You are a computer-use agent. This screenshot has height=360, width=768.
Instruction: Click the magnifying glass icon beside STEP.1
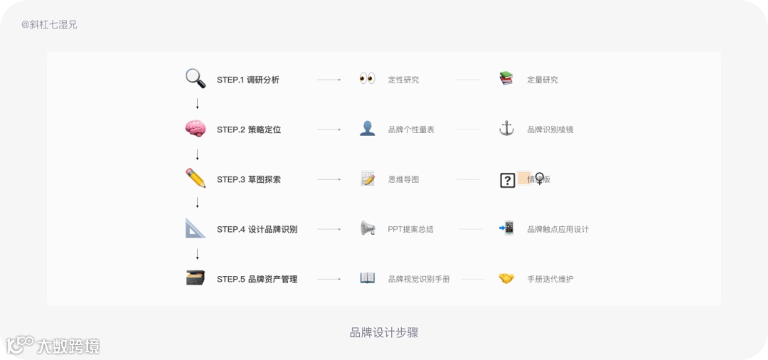tap(195, 78)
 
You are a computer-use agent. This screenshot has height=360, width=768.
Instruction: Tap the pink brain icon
tap(196, 129)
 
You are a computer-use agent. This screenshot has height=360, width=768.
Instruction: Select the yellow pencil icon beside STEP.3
tap(196, 179)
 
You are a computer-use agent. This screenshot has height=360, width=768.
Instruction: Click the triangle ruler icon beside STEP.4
tap(196, 228)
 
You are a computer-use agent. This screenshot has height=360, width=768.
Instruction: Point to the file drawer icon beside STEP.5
tap(196, 278)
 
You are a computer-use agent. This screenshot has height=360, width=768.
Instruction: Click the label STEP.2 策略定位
tap(249, 129)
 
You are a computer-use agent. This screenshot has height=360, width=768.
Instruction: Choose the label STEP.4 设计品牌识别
tap(257, 229)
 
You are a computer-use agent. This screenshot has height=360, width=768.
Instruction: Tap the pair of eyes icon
tap(367, 79)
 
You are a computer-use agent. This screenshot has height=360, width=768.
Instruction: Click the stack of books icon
tap(506, 79)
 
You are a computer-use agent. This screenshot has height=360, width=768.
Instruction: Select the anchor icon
tap(506, 129)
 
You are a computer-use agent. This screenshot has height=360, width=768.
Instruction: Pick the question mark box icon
tap(507, 180)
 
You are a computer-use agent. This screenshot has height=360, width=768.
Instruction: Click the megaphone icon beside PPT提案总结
tap(367, 228)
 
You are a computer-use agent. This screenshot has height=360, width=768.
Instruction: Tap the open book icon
tap(367, 278)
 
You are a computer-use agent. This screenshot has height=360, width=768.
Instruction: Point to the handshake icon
tap(506, 278)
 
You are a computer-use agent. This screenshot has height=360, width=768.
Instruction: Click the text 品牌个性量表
tap(411, 129)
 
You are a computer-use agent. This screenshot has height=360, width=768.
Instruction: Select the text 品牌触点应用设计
tap(558, 229)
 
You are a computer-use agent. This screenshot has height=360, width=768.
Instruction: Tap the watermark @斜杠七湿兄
tap(49, 24)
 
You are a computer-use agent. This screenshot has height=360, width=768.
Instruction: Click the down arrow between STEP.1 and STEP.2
tap(197, 104)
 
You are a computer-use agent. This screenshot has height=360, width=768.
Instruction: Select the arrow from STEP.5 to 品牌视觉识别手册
tap(329, 279)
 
